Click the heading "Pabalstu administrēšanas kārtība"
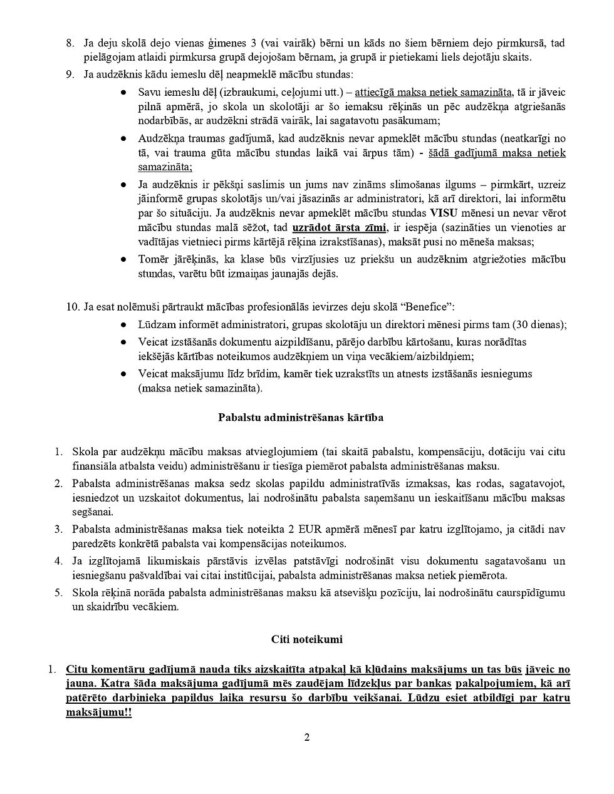coord(301,418)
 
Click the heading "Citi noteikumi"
coord(306,639)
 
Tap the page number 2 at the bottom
coord(307,737)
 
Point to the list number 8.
coord(70,43)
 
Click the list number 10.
coord(72,307)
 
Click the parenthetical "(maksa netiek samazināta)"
coord(200,388)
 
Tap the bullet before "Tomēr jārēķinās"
coord(125,259)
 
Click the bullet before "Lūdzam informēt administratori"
coord(125,324)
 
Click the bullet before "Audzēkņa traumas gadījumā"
coord(125,138)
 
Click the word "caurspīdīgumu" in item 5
coord(533,592)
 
